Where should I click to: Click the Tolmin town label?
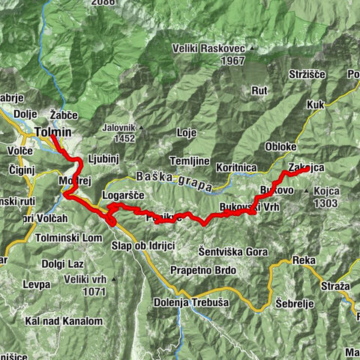[x=52, y=133]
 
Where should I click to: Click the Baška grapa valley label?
[x=174, y=179]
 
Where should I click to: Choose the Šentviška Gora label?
[x=233, y=252]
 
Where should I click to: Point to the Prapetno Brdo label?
[x=204, y=270]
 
